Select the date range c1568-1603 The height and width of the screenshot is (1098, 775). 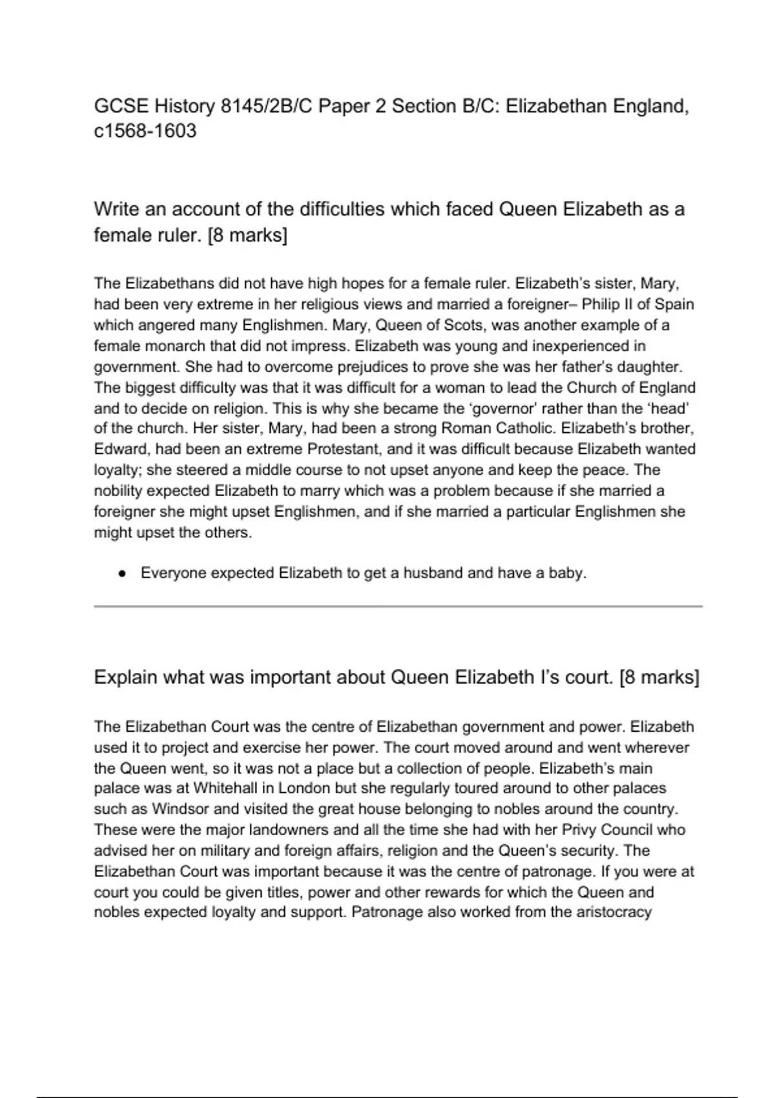[x=145, y=131]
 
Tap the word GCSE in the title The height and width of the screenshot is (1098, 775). [x=121, y=106]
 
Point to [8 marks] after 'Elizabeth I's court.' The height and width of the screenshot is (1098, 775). [x=659, y=678]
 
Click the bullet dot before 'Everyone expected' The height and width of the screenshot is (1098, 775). [x=122, y=574]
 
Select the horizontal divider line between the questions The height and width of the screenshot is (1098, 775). [x=398, y=606]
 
